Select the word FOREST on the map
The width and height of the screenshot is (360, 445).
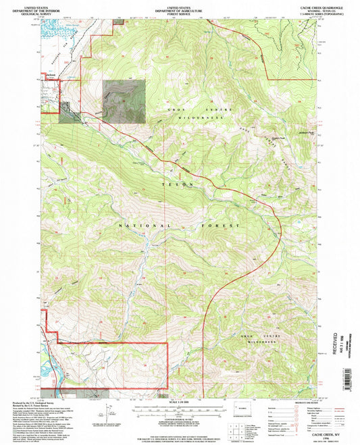point(224,225)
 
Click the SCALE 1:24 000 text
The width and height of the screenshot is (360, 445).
point(180,401)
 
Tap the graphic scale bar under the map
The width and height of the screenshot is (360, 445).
point(180,407)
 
